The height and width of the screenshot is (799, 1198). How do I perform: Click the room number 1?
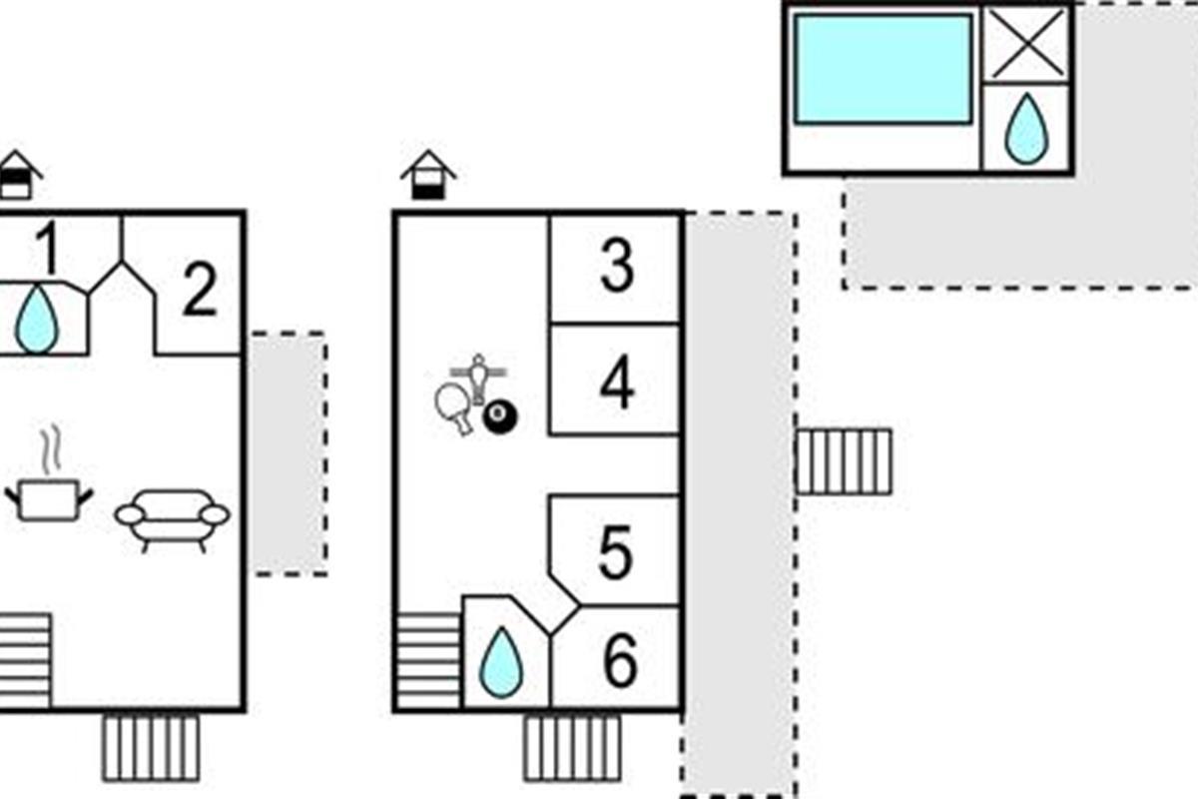point(46,249)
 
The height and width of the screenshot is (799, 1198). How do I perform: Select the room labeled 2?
point(200,292)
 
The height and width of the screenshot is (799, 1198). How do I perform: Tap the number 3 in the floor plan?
point(616,268)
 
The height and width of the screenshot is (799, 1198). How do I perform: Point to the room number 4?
point(616,383)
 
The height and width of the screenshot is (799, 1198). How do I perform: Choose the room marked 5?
point(616,552)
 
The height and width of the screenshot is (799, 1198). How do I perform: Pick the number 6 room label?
point(619,660)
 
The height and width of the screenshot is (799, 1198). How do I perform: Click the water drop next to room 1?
point(37,319)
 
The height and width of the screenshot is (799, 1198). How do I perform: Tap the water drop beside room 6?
point(501,664)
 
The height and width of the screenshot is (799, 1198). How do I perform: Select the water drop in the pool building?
point(1025,130)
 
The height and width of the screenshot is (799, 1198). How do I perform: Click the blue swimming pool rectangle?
point(883,69)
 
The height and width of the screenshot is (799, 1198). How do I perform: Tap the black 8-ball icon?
point(498,417)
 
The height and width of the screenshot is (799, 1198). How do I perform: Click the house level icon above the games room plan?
point(428,175)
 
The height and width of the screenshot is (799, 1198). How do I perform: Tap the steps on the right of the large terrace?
point(844,461)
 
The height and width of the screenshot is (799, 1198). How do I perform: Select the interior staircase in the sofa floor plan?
point(24,660)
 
